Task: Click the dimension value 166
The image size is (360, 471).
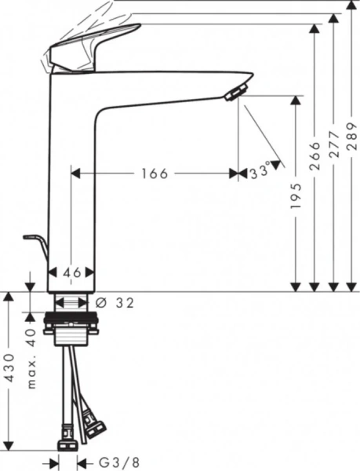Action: tap(155, 174)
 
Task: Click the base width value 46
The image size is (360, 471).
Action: tap(72, 272)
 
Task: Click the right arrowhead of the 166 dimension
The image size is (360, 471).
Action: tap(233, 174)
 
